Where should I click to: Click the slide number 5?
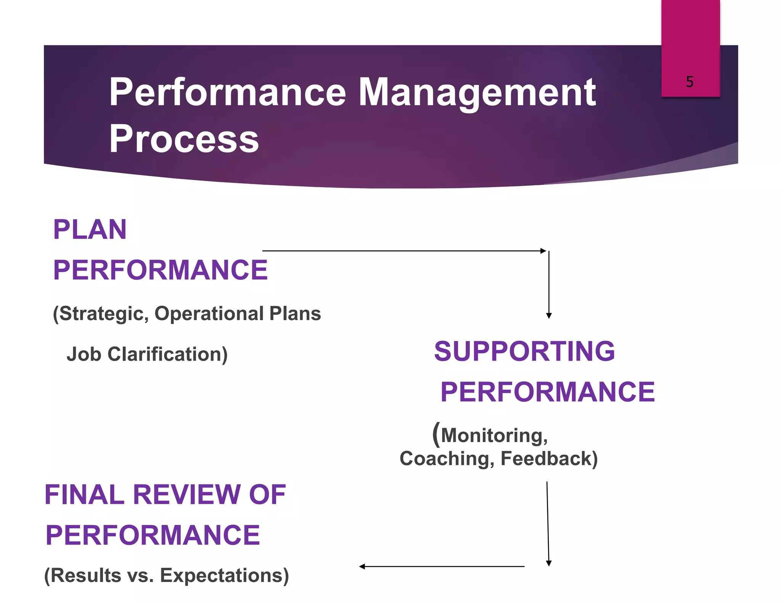689,82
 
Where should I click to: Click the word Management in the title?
477,92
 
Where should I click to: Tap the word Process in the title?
184,139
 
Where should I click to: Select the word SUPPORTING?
524,351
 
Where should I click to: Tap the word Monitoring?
494,435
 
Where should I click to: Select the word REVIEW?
186,495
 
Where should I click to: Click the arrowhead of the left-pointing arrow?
362,567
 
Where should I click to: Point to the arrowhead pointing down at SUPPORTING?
549,316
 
